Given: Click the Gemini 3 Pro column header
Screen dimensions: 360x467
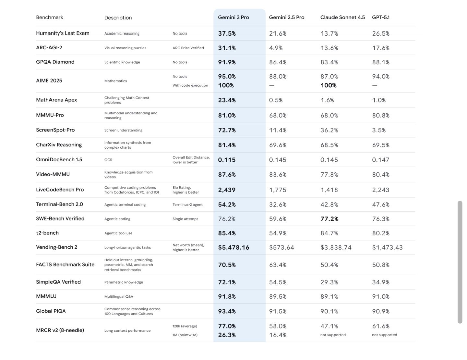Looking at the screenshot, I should point(233,18).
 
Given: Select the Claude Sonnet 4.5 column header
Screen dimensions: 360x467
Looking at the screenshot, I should point(342,18).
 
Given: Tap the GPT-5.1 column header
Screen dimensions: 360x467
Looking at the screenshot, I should point(381,18).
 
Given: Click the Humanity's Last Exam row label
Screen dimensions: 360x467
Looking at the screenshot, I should point(63,33).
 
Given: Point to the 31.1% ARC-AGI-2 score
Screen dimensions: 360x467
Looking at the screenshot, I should point(227,48).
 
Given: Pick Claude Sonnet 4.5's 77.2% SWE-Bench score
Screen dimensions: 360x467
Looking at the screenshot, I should point(329,219).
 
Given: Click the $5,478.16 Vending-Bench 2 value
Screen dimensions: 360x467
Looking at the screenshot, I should point(234,248).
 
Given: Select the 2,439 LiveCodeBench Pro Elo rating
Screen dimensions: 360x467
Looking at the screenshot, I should point(227,190).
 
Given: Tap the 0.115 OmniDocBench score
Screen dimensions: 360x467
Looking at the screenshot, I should point(227,160).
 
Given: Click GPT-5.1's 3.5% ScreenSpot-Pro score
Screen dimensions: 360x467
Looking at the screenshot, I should point(379,130).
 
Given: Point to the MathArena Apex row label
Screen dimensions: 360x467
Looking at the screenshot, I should point(56,100).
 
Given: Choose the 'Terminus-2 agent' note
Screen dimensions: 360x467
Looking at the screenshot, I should point(187,205).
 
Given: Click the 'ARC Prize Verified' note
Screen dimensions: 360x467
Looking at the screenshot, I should point(188,48).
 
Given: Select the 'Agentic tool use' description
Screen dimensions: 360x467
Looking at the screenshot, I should point(118,233).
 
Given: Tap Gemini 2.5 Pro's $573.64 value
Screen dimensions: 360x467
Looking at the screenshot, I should point(281,248).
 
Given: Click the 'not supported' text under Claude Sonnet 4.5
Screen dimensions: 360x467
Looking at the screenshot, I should point(333,335).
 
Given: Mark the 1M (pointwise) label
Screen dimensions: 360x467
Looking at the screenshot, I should point(185,335).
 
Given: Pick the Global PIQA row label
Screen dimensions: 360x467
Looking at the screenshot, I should point(51,311).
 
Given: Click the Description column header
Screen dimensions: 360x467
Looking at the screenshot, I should point(118,18).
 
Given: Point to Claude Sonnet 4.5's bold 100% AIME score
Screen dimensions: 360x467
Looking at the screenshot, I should point(329,85).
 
